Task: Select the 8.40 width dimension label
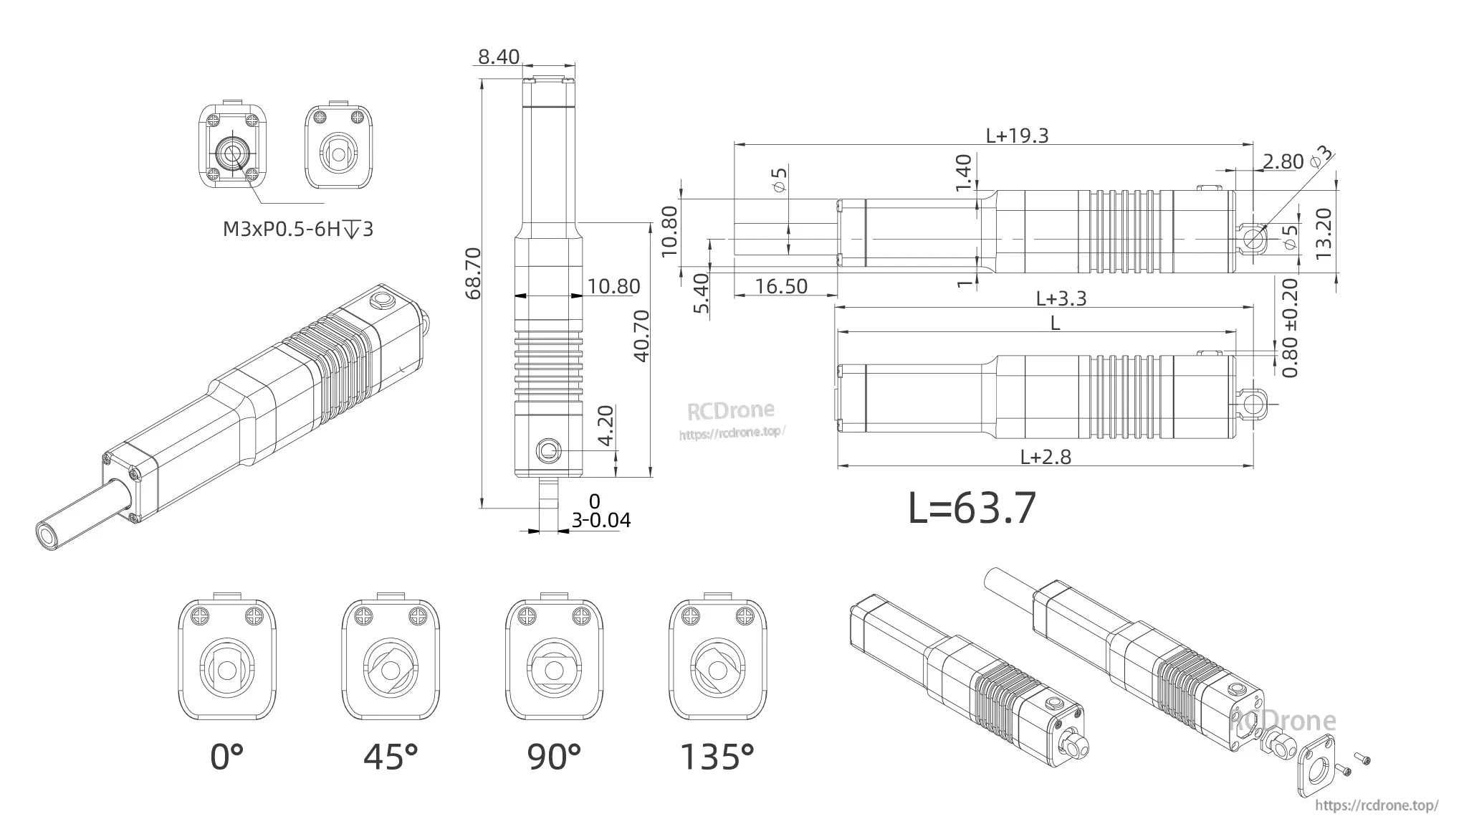click(x=499, y=57)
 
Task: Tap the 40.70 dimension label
click(x=642, y=335)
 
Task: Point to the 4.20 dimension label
click(x=606, y=426)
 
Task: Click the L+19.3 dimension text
click(x=1017, y=136)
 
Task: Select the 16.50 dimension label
click(x=781, y=286)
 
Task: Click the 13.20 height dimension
click(x=1324, y=233)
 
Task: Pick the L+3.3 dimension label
click(x=1061, y=298)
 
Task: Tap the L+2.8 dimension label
click(x=1046, y=457)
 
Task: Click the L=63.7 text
click(x=972, y=508)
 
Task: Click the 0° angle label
click(x=227, y=757)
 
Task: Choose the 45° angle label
click(x=391, y=757)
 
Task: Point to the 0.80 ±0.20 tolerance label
click(x=1290, y=328)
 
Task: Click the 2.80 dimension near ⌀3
click(x=1282, y=161)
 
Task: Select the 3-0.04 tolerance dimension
click(x=601, y=519)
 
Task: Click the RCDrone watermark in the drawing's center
click(x=731, y=411)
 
